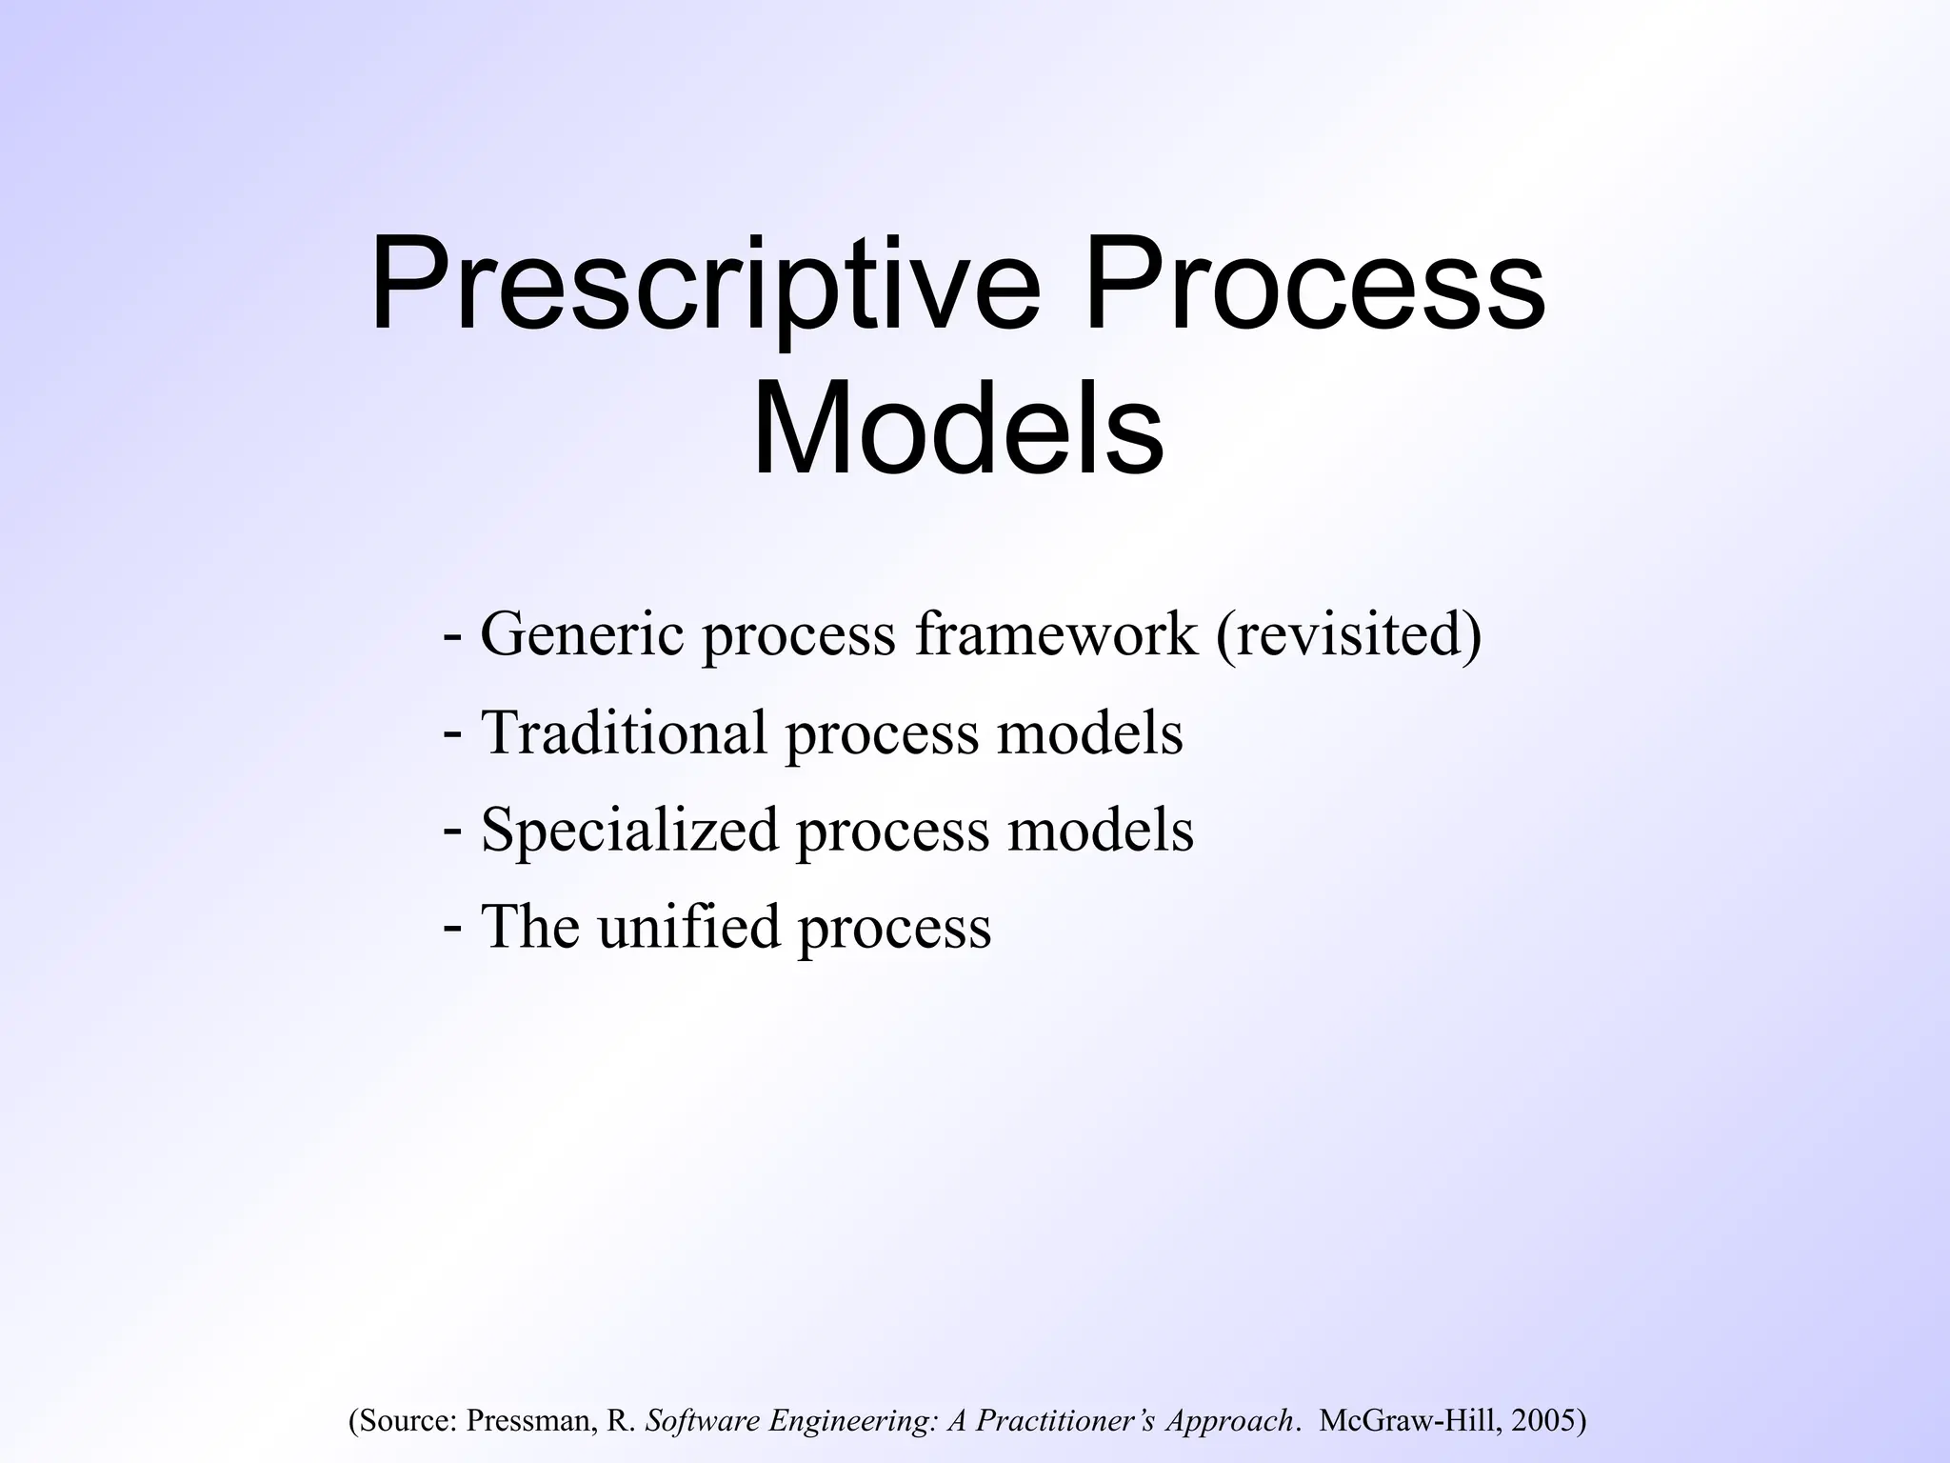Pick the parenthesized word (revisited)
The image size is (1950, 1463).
(1348, 635)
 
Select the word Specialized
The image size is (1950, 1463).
(629, 830)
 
